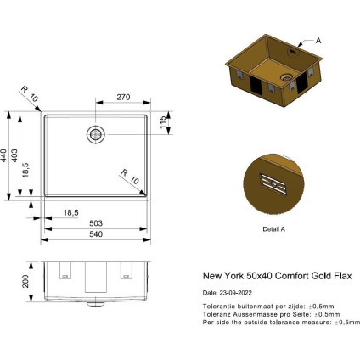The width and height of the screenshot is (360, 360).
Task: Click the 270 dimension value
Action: pyautogui.click(x=123, y=98)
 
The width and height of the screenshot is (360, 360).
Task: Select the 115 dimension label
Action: pyautogui.click(x=162, y=124)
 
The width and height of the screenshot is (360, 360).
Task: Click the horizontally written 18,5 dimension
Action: pyautogui.click(x=71, y=211)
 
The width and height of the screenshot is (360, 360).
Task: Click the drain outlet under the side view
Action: pyautogui.click(x=95, y=301)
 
